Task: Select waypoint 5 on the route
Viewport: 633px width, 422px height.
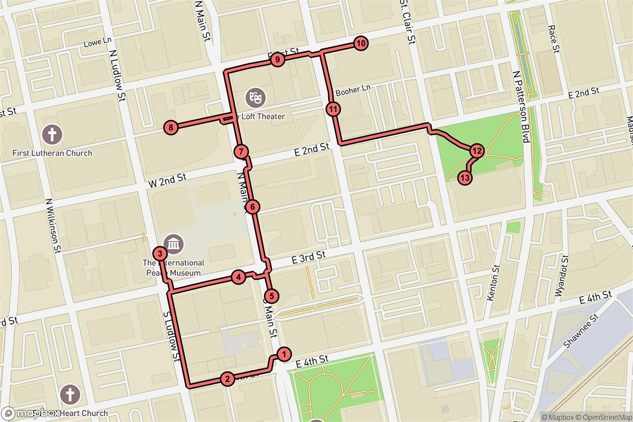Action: [x=271, y=295]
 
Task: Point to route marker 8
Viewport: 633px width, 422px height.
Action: [x=171, y=127]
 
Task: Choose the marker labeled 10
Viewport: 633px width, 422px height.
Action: [x=360, y=44]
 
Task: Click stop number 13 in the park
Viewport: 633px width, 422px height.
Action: [x=465, y=178]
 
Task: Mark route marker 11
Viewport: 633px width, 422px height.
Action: [x=333, y=110]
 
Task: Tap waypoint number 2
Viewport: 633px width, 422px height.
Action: [x=227, y=378]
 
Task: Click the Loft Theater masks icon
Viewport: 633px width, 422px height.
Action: [x=255, y=97]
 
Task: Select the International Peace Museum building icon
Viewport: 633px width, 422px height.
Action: [x=173, y=244]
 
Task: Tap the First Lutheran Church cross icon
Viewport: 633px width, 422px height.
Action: [x=52, y=134]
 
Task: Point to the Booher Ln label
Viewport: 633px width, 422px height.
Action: [x=353, y=90]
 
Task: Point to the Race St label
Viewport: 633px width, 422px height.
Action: [x=553, y=39]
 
